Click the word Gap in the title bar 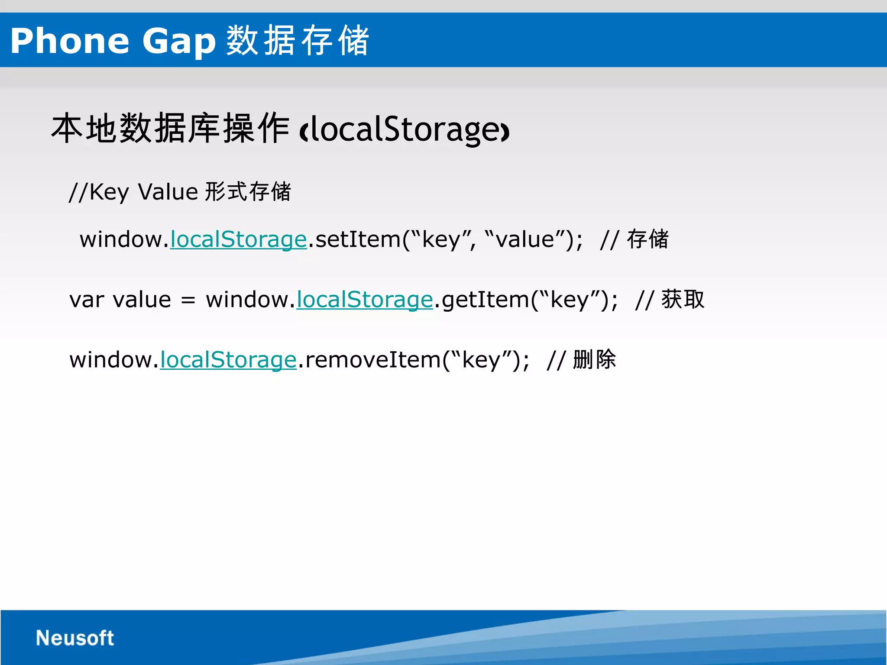coord(178,41)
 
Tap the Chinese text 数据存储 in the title coord(297,40)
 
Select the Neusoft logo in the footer coord(74,638)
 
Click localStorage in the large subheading coord(405,129)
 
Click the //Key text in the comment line coord(99,192)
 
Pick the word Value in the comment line coord(168,192)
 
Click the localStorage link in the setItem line coord(238,239)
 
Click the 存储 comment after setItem coord(647,239)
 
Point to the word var coord(87,300)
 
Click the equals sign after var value coord(188,300)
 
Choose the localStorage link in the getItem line coord(364,300)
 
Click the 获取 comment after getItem coord(683,299)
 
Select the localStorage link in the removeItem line coord(228,360)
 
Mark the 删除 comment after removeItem coord(594,359)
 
